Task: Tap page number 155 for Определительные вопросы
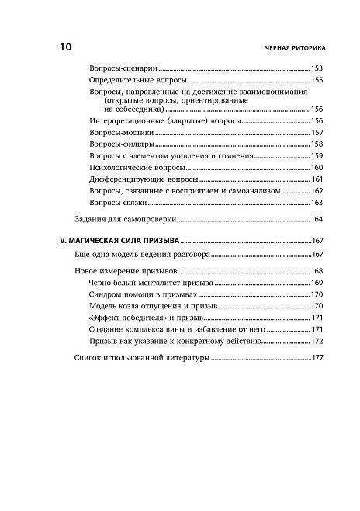tap(317, 80)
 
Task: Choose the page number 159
tap(317, 156)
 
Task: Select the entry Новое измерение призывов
tap(118, 270)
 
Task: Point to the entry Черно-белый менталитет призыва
tap(147, 282)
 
